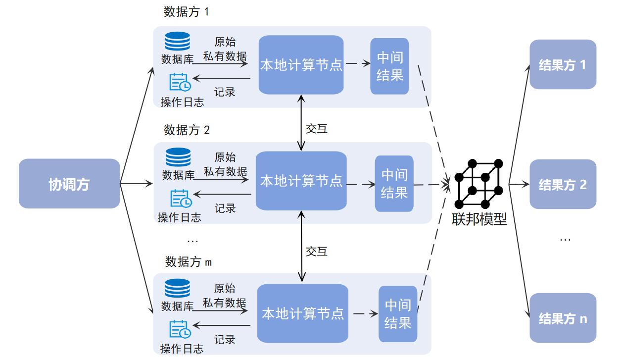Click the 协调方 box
coord(69,184)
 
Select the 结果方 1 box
coord(563,64)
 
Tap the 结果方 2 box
coord(563,184)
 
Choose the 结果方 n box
coord(563,318)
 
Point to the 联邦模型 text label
coord(479,218)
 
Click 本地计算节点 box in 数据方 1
coord(301,65)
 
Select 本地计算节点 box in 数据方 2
coord(301,181)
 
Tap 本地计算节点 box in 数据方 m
coord(302,313)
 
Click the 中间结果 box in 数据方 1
coord(390,66)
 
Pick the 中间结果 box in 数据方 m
coord(398,314)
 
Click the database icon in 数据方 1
coord(178,41)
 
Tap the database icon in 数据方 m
coord(178,289)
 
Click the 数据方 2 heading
coord(187,130)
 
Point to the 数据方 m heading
coord(189,261)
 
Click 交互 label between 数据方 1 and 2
coord(317,129)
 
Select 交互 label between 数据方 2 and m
coord(317,252)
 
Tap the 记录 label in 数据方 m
coord(225,340)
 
